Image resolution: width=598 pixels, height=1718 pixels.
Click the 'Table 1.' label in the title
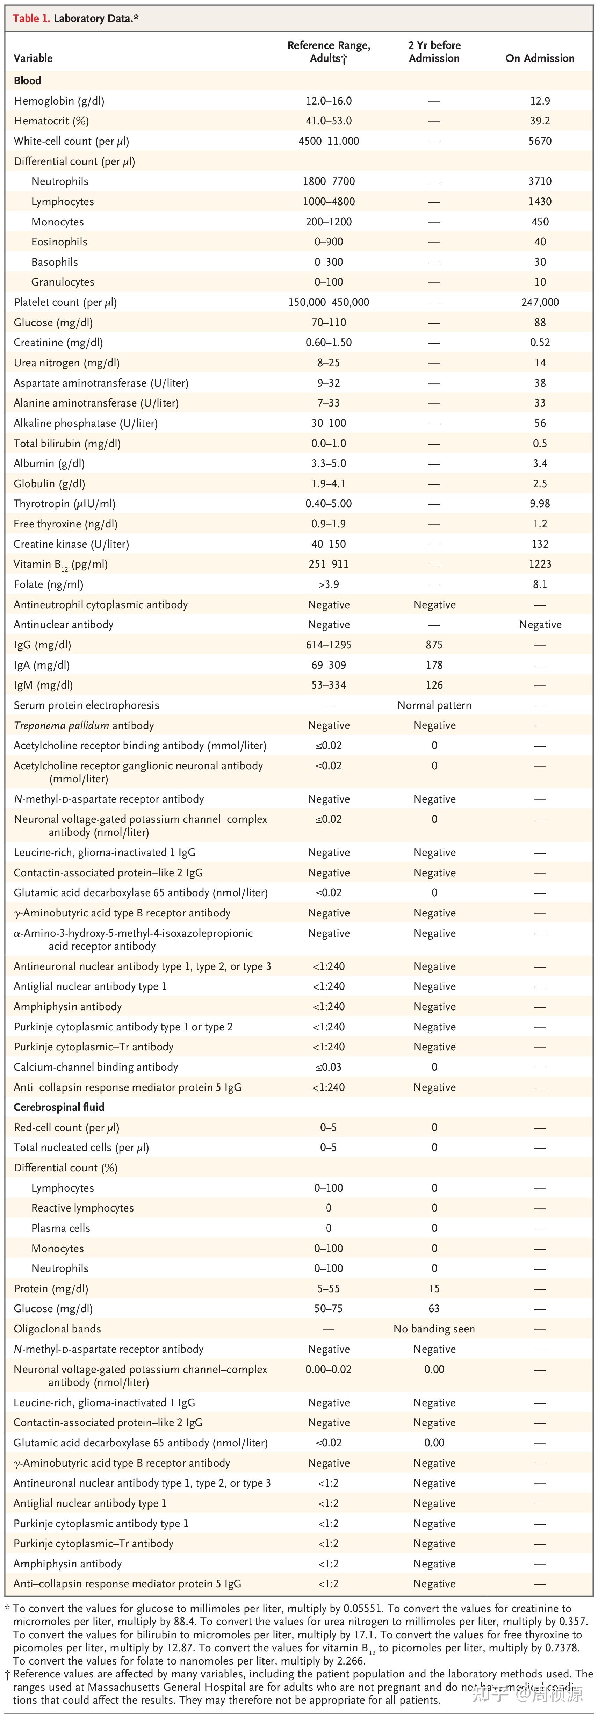coord(31,19)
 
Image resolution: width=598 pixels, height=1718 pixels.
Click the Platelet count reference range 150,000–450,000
coord(329,302)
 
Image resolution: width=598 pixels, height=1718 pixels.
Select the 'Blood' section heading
coord(27,80)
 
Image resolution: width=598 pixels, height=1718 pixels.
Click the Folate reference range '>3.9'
coord(329,584)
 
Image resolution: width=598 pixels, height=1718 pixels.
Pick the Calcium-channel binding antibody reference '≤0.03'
coord(329,1067)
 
